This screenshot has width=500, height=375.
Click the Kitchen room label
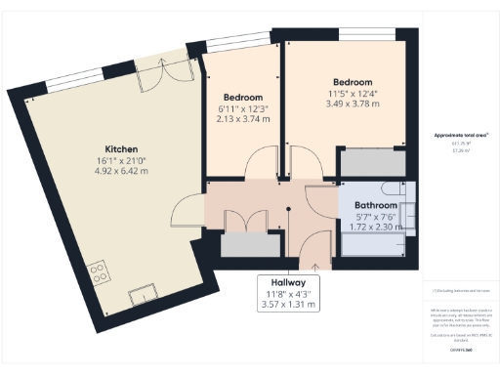point(108,148)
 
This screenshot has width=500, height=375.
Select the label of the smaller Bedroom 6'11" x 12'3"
point(242,98)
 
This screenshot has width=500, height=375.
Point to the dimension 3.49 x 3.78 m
point(352,104)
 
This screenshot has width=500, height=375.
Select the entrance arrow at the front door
point(314,262)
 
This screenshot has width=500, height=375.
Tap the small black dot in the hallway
point(288,208)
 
